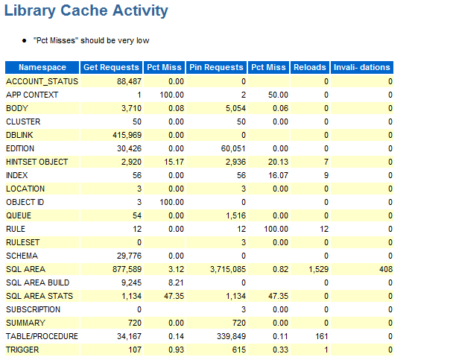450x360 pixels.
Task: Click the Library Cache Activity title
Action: [86, 11]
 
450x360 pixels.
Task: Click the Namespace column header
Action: [42, 67]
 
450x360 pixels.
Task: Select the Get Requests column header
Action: [111, 67]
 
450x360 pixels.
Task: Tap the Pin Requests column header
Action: [216, 67]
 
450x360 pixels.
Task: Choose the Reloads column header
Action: [310, 67]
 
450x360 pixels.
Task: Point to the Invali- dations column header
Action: [361, 67]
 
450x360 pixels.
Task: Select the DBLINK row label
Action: [20, 135]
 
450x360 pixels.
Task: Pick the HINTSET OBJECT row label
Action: [37, 162]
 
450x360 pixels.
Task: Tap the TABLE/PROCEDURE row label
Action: [42, 336]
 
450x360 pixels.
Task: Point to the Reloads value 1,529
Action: [317, 269]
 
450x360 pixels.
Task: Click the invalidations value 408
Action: [385, 269]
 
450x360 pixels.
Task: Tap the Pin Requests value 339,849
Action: [228, 336]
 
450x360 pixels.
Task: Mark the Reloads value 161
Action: [321, 336]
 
